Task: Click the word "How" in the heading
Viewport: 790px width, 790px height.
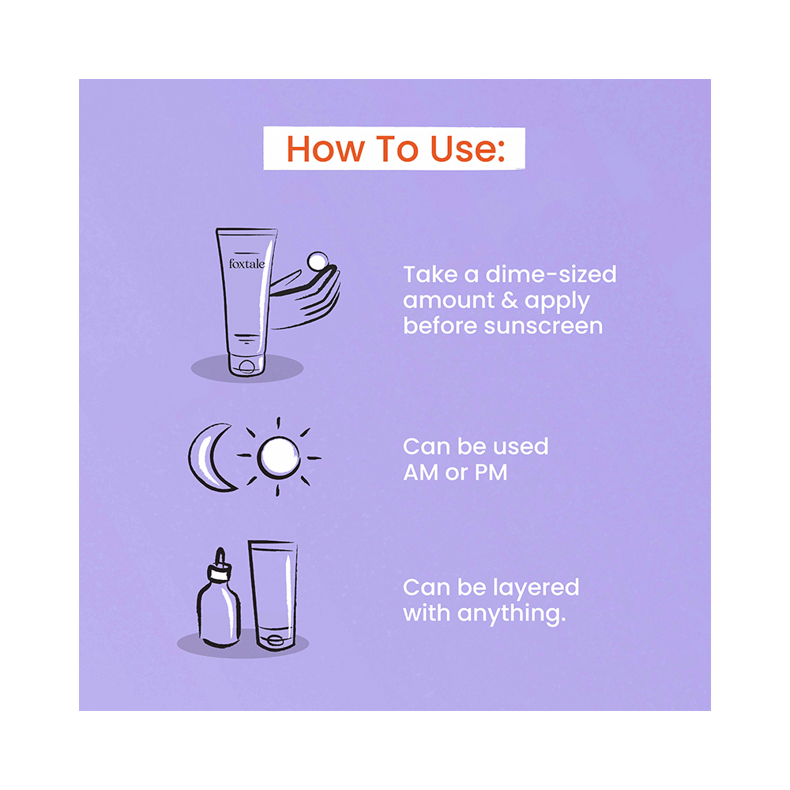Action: point(320,149)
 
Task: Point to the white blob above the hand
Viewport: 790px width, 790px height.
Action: point(318,261)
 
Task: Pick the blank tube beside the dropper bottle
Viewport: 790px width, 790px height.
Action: point(273,592)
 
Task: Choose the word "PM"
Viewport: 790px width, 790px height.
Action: point(490,472)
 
